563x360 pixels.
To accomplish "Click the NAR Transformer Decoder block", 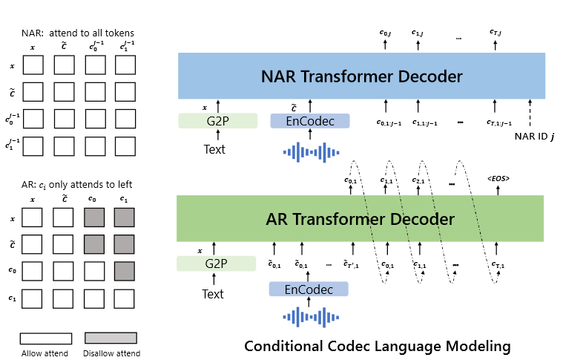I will [x=361, y=76].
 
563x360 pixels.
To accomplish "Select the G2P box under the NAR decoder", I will [x=217, y=120].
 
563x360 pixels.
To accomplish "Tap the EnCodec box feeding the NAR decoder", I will [x=309, y=120].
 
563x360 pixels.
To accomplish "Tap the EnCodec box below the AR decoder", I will [x=309, y=289].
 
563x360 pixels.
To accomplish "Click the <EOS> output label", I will [x=498, y=179].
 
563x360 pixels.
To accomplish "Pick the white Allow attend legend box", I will [x=45, y=338].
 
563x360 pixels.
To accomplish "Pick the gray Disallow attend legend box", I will [x=111, y=338].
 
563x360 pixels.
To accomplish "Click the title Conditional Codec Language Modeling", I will [x=378, y=346].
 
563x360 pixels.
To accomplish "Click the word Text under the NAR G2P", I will [x=214, y=149].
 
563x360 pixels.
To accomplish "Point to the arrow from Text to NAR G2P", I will [x=217, y=134].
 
